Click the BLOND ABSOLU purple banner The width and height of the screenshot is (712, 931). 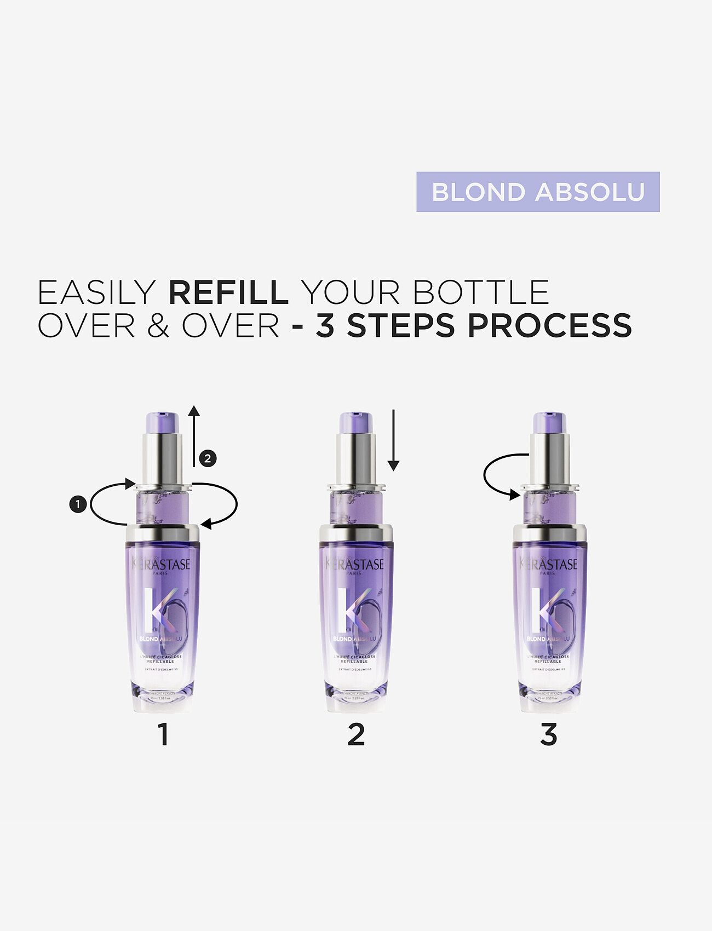coord(538,192)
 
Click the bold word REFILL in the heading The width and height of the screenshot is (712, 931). coord(228,292)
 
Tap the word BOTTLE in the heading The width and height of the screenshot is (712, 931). coord(481,292)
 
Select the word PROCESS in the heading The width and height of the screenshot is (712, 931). coord(549,325)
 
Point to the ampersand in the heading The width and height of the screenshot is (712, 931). coord(158,325)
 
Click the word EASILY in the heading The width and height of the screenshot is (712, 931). coord(96,292)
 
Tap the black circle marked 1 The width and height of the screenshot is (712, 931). coord(78,504)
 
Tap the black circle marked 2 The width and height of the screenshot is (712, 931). coord(207,458)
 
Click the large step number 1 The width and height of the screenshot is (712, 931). coord(163,734)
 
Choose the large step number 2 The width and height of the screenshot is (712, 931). coord(356,734)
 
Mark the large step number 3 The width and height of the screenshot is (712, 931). coord(548,734)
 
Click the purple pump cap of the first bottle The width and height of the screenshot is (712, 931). coord(162,422)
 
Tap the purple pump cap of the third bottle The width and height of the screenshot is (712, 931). coord(549,422)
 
